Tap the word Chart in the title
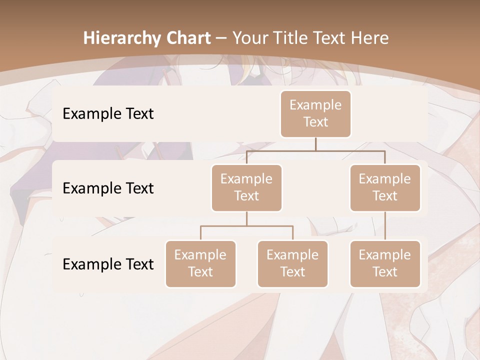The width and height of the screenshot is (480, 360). [x=187, y=38]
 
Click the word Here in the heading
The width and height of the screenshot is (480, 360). [x=367, y=38]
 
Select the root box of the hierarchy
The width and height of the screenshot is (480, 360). [x=315, y=114]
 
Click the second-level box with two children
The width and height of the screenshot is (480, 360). [x=246, y=187]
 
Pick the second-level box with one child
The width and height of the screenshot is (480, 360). [x=385, y=187]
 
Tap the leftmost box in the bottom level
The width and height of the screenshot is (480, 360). [x=200, y=263]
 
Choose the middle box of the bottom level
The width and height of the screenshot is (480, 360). [x=292, y=263]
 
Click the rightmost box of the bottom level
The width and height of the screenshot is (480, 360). [x=385, y=263]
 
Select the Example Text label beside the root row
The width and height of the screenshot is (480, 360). [x=108, y=114]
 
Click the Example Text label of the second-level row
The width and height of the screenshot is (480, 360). [x=108, y=188]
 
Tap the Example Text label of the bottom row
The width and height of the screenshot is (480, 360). [x=108, y=264]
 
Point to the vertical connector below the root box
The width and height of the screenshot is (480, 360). [x=315, y=144]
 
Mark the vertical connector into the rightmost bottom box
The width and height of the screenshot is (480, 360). [x=385, y=226]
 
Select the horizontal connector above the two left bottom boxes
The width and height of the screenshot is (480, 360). [x=246, y=226]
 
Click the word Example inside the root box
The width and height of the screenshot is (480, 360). [x=315, y=105]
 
